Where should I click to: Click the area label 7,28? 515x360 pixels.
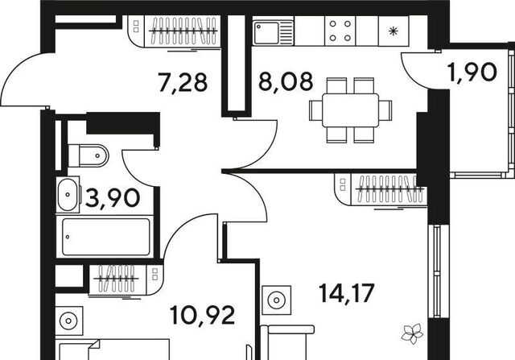point(183,82)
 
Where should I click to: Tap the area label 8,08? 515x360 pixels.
point(286,82)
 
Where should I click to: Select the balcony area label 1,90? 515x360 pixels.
point(472,72)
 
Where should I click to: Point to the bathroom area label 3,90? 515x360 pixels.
point(113,198)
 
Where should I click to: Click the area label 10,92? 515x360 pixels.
point(202,315)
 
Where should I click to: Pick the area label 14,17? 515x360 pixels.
point(347,293)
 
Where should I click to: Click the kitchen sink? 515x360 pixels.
point(273,32)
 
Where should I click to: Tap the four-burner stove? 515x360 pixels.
point(340,31)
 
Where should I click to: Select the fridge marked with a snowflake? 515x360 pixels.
point(393,31)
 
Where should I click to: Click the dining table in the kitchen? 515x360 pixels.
point(351,110)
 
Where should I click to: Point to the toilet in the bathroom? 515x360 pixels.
point(88,155)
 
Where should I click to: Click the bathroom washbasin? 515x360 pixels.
point(68,194)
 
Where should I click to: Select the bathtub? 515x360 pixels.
point(105,237)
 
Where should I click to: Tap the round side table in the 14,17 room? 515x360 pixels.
point(277,300)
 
